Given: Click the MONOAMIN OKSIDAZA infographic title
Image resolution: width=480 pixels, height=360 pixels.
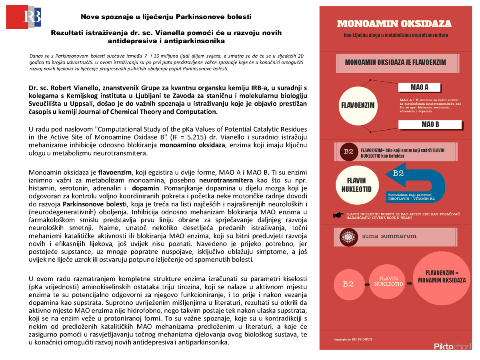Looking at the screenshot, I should coord(394,24).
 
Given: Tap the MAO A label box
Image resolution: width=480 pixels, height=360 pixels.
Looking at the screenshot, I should coord(419,87).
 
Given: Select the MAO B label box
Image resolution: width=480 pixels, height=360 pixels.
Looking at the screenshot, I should coord(430,124).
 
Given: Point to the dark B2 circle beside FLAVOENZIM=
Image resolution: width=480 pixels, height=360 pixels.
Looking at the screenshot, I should coord(348,151).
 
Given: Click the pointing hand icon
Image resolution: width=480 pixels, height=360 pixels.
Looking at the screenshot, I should coord(338,215).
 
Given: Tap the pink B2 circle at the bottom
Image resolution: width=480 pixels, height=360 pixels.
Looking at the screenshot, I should coord(348,284).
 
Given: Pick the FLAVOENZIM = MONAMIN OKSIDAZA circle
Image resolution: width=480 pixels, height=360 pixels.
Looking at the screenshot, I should coord(441,279).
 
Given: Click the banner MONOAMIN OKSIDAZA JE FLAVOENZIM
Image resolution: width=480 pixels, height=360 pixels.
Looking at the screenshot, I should coord(395,63).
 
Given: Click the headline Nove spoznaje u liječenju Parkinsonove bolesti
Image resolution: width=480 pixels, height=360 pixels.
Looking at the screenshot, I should coord(166,17).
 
